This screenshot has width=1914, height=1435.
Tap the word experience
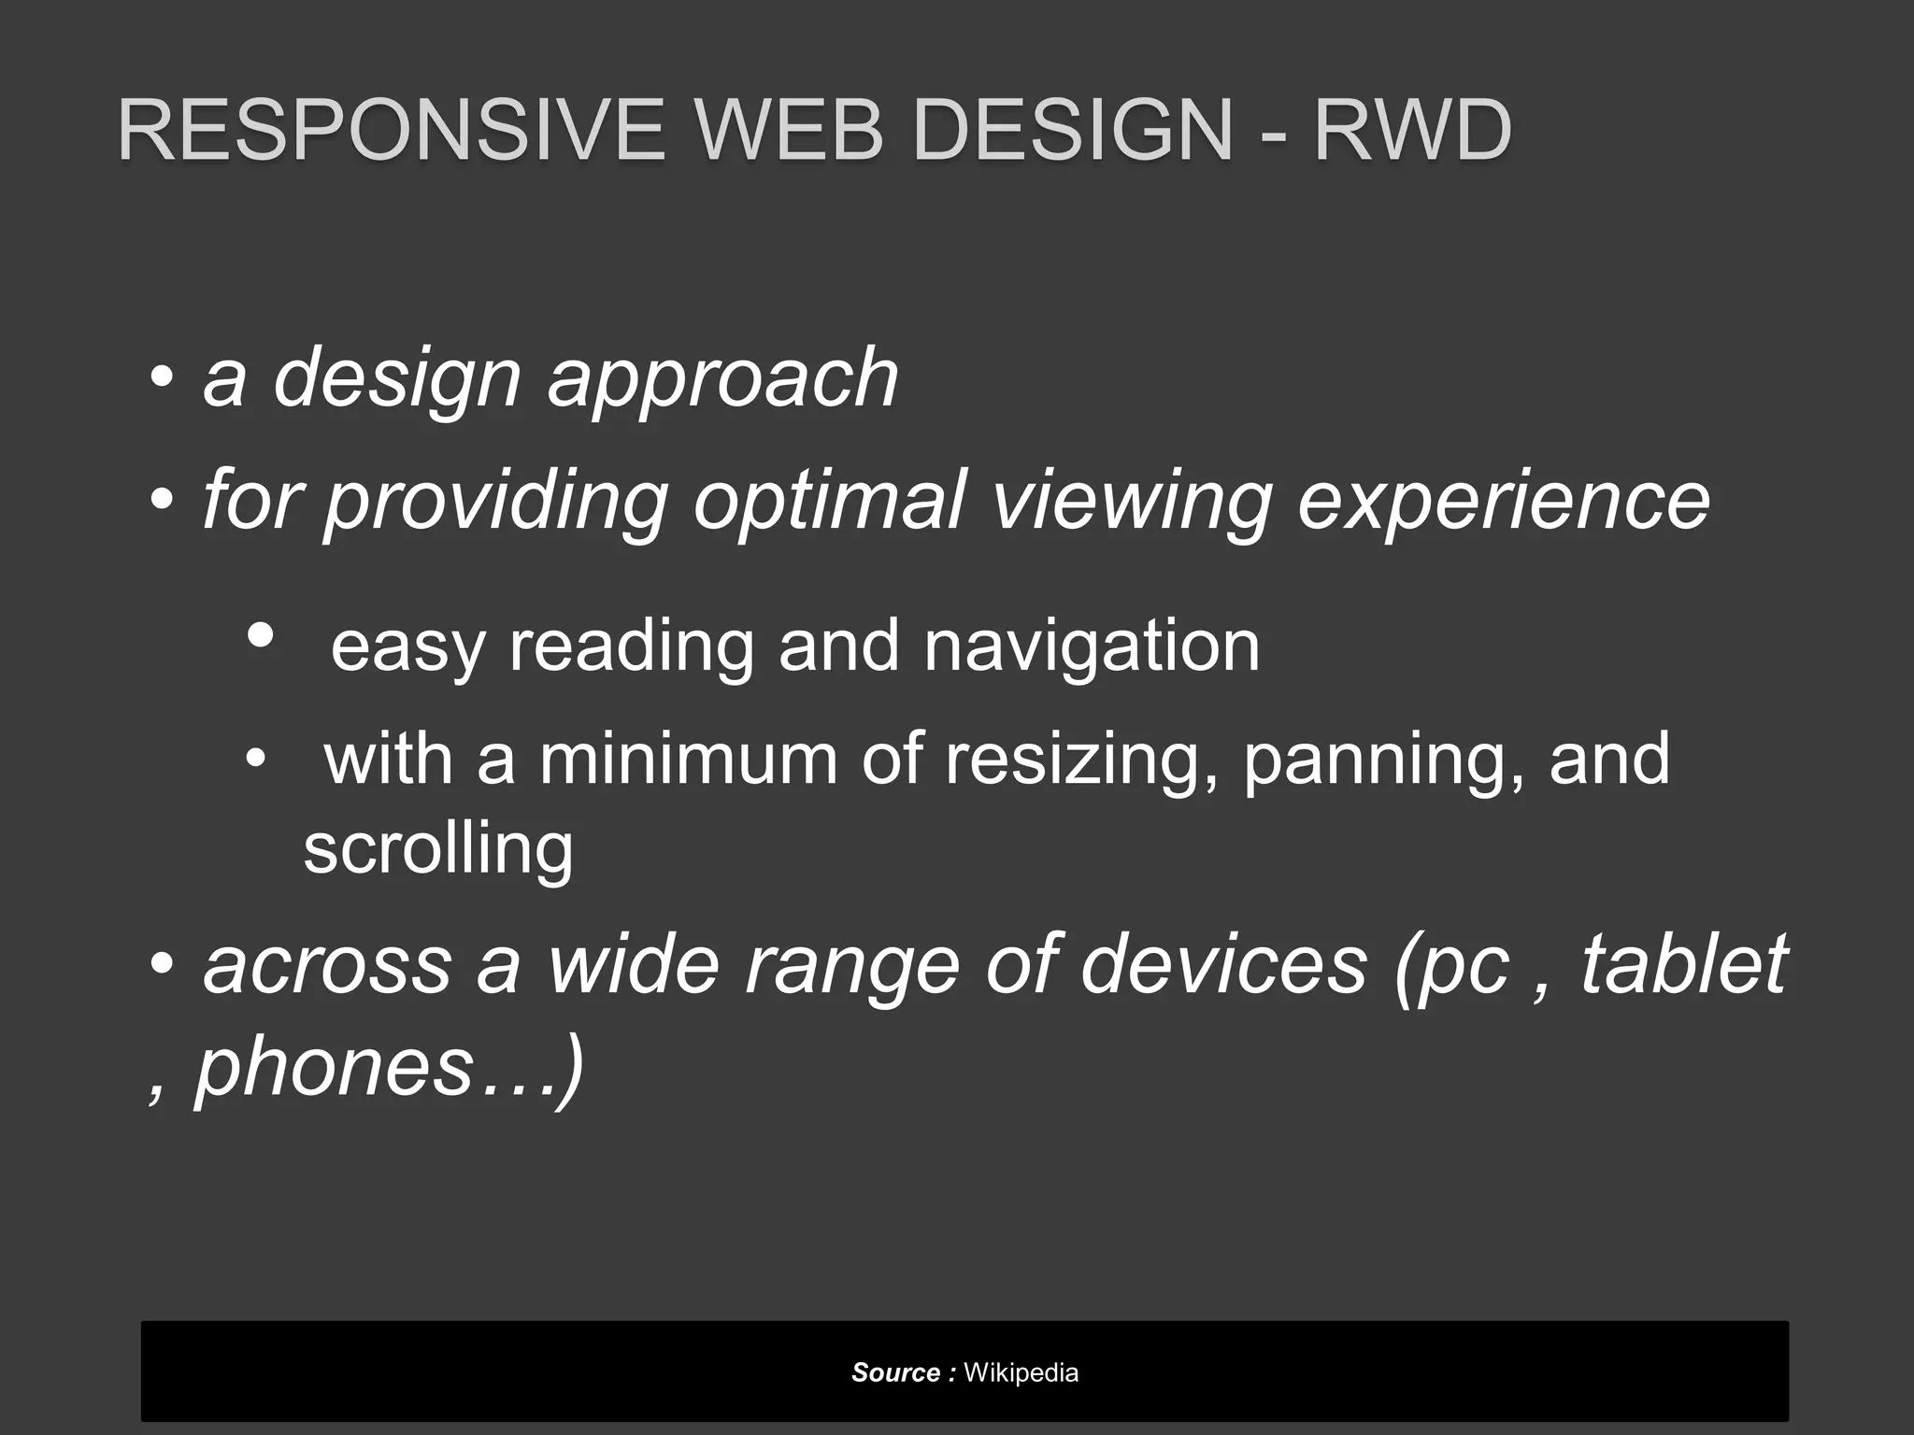pyautogui.click(x=1504, y=503)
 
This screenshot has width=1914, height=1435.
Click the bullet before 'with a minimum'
pyautogui.click(x=255, y=759)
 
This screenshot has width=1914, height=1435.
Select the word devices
pyautogui.click(x=1223, y=964)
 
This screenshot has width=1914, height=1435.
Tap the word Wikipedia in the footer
pyautogui.click(x=1021, y=1372)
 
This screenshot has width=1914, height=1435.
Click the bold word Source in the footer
pyautogui.click(x=895, y=1372)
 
